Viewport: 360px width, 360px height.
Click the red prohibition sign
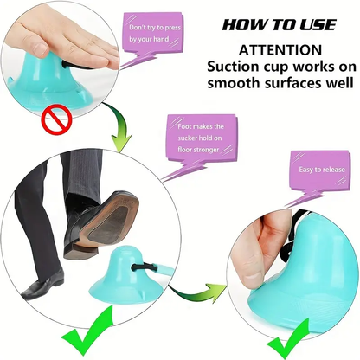(57, 120)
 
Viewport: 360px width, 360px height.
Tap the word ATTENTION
(280, 50)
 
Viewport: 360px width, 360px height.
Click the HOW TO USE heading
(280, 25)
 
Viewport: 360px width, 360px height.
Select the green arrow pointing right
(199, 292)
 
